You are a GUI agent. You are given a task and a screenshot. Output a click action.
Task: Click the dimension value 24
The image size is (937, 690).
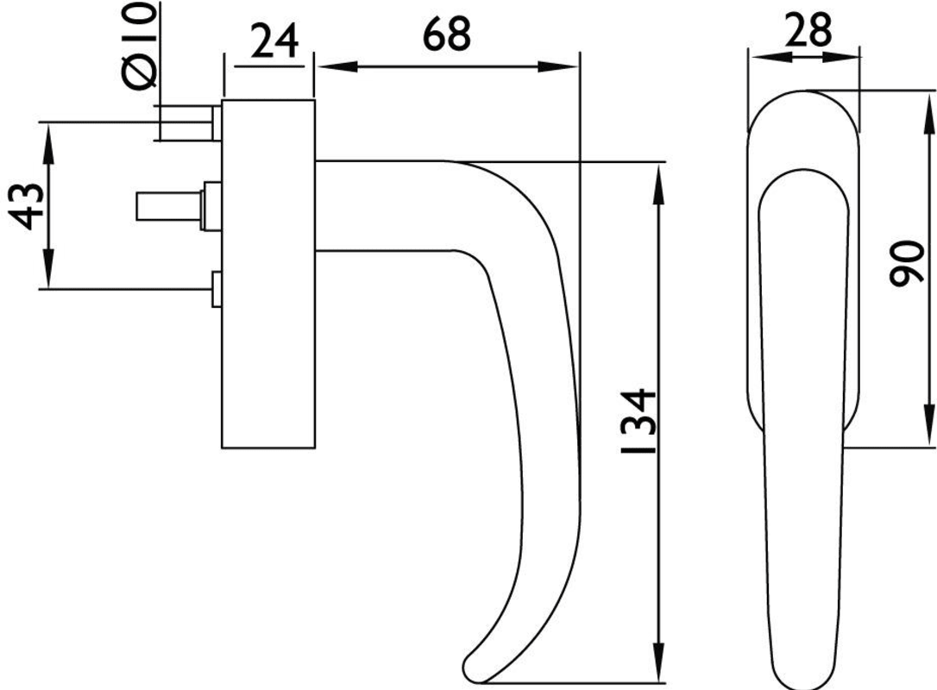274,41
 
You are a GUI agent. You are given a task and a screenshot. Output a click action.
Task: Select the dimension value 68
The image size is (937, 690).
446,34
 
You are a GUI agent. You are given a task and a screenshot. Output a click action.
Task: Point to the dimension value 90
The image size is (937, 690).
907,263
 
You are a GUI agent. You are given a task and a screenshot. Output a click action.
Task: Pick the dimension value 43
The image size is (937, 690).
28,207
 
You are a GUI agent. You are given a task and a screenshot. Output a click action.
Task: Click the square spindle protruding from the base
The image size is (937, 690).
170,206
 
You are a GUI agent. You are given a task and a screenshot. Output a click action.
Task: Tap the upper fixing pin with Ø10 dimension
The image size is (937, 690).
187,123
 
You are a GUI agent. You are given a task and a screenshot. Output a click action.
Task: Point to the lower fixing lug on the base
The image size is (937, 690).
217,289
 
